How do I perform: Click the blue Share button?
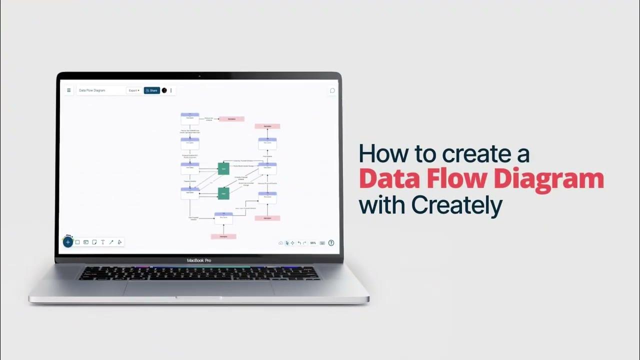(x=151, y=90)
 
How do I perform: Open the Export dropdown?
(x=133, y=90)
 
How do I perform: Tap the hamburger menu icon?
(x=68, y=90)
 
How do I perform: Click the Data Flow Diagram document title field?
(x=100, y=90)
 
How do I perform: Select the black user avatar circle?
(x=164, y=90)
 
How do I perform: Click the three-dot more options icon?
(x=171, y=90)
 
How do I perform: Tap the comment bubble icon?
(x=332, y=90)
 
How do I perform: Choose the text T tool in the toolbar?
(x=102, y=242)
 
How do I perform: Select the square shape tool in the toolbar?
(x=77, y=242)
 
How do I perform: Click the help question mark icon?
(x=331, y=243)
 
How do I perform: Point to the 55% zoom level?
(x=313, y=243)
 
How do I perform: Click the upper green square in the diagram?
(x=223, y=168)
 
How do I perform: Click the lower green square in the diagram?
(x=223, y=193)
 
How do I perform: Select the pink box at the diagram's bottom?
(x=223, y=236)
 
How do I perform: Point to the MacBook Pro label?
(x=198, y=260)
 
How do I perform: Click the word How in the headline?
(x=380, y=154)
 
